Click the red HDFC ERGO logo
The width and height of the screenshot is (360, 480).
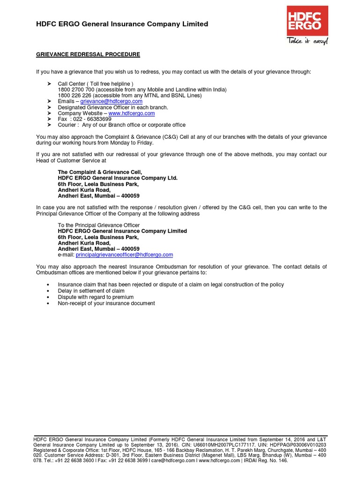[x=307, y=21]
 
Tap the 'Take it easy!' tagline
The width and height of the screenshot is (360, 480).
[x=307, y=41]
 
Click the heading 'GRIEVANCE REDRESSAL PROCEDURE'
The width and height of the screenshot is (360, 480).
[x=88, y=54]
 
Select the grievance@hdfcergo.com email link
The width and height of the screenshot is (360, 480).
[x=111, y=101]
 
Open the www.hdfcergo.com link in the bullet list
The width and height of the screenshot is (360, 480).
[x=131, y=113]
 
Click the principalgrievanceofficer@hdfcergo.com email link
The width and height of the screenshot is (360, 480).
[x=124, y=255]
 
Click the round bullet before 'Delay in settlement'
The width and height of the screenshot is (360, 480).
[x=49, y=291]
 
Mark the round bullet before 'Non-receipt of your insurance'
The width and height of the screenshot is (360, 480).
[x=49, y=304]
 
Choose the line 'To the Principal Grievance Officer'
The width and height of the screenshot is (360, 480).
[x=98, y=225]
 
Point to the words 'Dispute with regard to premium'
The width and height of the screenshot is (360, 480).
[x=96, y=297]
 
